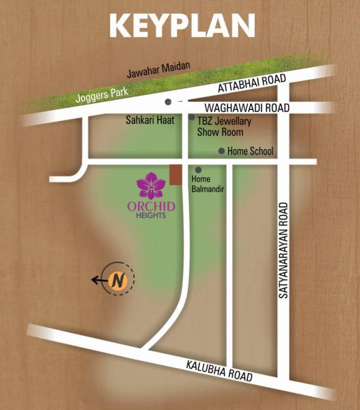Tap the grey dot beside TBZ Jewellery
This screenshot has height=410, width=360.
pos(191,118)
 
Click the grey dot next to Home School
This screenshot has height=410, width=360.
pos(221,151)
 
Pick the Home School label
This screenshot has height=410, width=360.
pos(250,152)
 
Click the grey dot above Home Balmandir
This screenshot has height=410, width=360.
pos(198,169)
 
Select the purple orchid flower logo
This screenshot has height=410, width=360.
pos(151,185)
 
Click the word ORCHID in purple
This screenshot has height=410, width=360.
pos(151,206)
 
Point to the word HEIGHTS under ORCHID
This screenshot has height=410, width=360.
pos(151,215)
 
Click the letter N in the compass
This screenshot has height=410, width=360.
pos(118,279)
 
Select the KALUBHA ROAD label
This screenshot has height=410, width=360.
pos(219,371)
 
